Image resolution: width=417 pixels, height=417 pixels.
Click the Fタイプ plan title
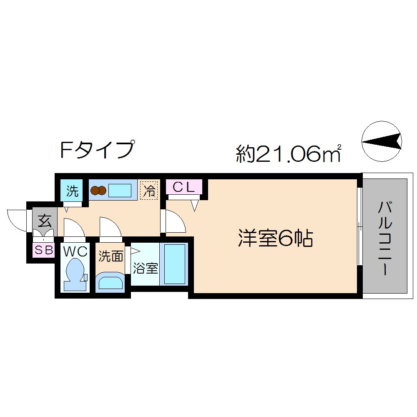coord(98,149)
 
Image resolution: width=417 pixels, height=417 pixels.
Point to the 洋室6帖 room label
coord(276,239)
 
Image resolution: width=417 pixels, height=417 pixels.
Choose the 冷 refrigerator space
coord(149,191)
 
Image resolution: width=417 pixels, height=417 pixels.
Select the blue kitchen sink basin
coord(120,191)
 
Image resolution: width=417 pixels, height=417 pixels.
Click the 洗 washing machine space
coord(73,191)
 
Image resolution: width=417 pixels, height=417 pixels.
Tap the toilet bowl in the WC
coord(75,273)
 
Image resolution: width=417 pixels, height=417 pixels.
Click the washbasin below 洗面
coord(111,282)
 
